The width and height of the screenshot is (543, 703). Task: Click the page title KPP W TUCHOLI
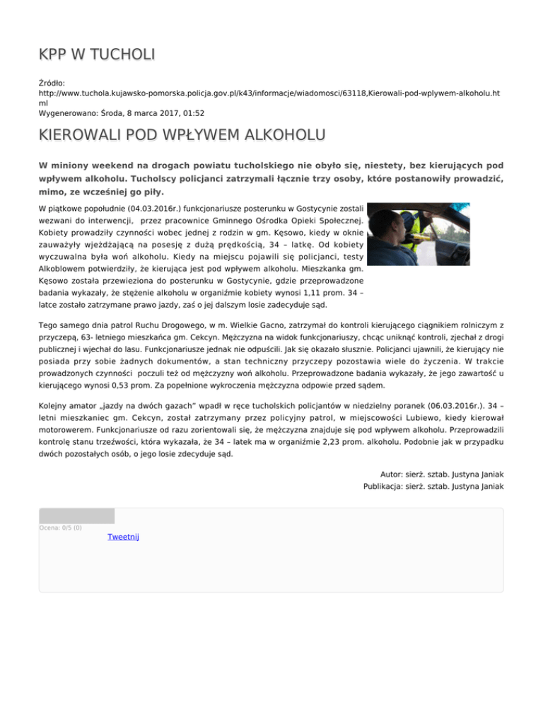pyautogui.click(x=98, y=54)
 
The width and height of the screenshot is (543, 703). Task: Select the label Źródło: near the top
pyautogui.click(x=54, y=83)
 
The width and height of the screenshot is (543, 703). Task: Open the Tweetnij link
pyautogui.click(x=123, y=538)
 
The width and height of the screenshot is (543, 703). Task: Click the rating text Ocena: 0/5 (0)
pyautogui.click(x=61, y=528)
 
